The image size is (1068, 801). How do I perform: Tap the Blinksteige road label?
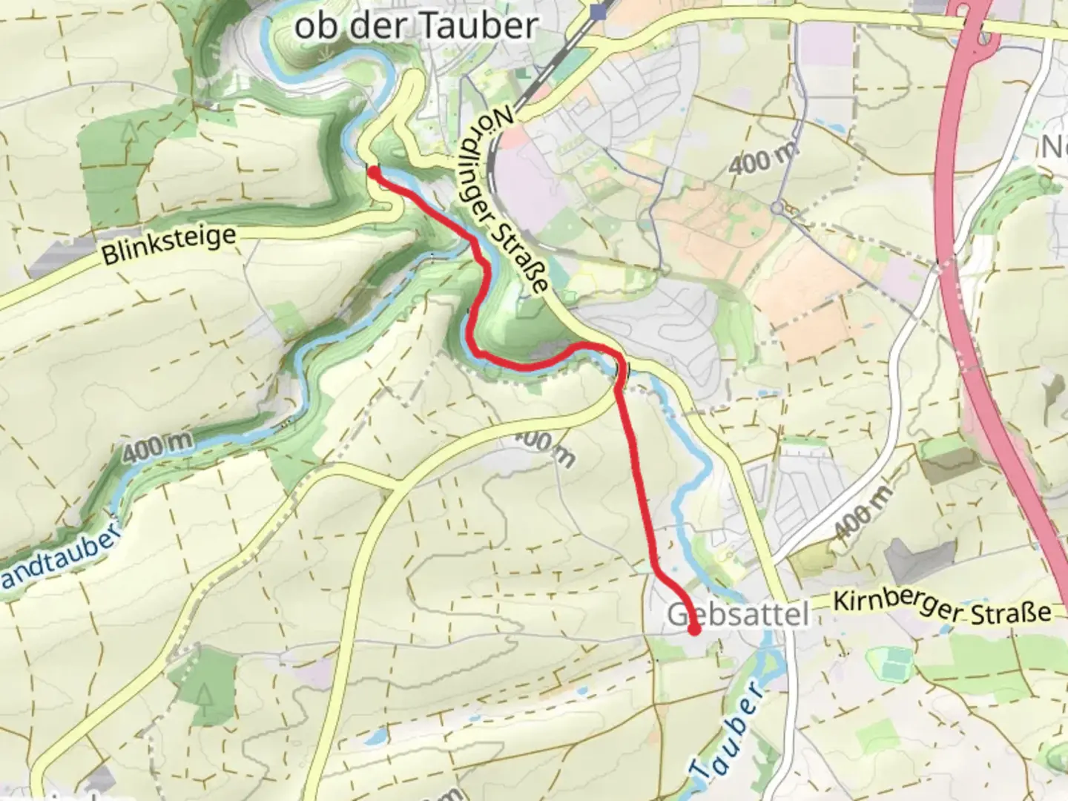coord(169,245)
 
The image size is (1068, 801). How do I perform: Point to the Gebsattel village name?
coord(737,615)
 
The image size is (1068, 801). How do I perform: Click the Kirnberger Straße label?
coord(942,607)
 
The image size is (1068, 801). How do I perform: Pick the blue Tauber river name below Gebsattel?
coord(727,731)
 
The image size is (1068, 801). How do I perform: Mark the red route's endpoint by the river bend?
coord(374,172)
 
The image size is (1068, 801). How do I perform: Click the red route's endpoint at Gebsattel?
coord(694,631)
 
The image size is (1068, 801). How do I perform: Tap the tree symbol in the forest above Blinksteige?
coord(131,133)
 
